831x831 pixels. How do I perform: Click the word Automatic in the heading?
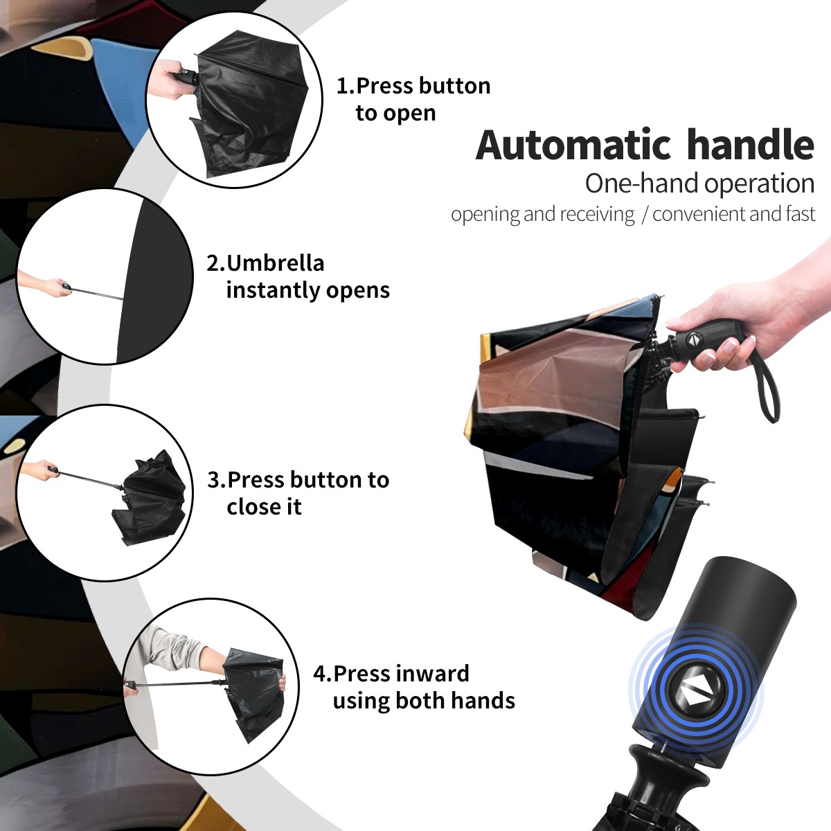click(x=573, y=145)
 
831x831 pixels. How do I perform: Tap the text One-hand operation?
click(x=699, y=184)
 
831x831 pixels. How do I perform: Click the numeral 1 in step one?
click(x=341, y=86)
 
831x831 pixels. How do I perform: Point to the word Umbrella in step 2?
click(x=275, y=263)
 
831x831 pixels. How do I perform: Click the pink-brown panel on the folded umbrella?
click(x=548, y=371)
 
